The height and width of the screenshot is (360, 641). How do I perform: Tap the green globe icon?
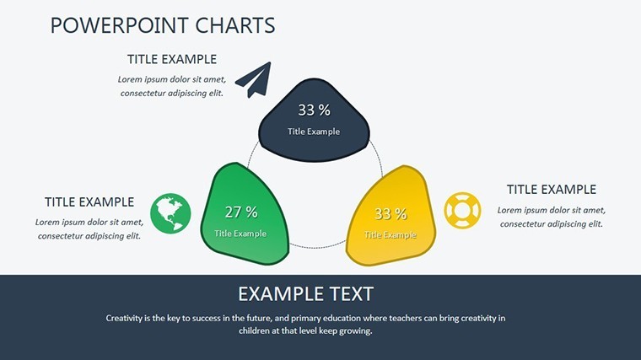click(x=170, y=213)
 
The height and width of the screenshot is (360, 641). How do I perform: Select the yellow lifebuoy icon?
click(x=462, y=211)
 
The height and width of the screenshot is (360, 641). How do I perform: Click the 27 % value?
click(x=241, y=212)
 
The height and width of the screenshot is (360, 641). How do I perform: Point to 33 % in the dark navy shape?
click(x=314, y=110)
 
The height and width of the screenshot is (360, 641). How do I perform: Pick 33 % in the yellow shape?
click(x=391, y=213)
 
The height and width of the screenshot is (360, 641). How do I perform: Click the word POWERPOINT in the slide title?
click(x=120, y=25)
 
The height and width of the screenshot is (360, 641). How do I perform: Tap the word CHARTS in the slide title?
click(x=235, y=25)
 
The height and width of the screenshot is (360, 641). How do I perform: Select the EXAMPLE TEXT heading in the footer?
click(x=305, y=293)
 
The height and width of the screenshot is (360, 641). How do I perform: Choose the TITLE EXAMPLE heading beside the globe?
click(x=89, y=201)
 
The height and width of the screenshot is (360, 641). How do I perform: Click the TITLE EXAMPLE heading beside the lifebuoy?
click(x=552, y=190)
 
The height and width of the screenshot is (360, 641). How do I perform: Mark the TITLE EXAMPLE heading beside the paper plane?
click(x=172, y=59)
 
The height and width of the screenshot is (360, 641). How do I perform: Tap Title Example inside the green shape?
click(x=240, y=234)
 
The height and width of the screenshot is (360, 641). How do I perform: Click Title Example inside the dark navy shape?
click(x=314, y=132)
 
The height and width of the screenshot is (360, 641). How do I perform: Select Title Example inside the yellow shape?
click(x=391, y=235)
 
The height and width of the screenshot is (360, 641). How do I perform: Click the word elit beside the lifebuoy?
click(x=595, y=224)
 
